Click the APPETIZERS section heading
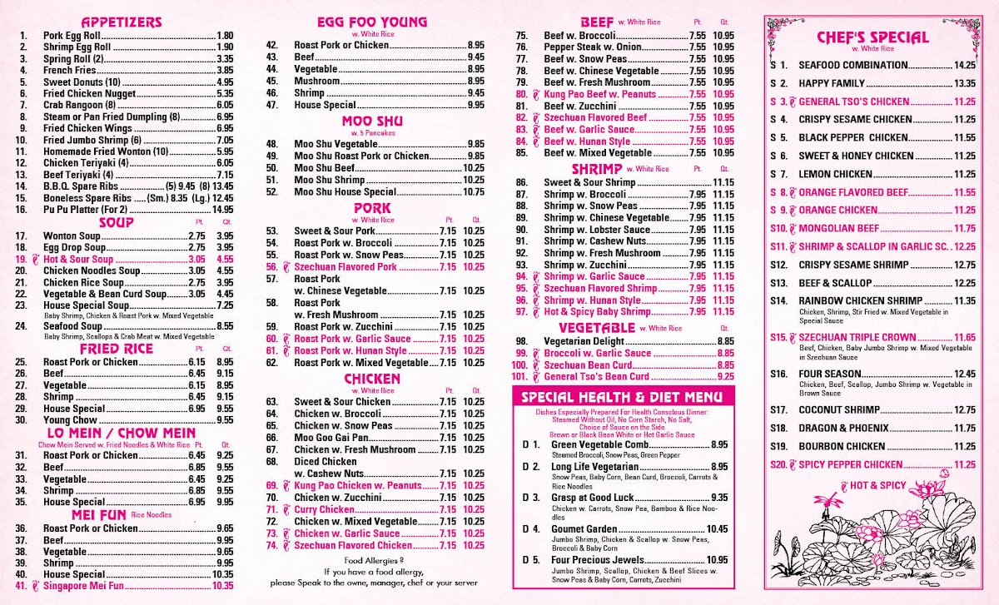click(122, 22)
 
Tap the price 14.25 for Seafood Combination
click(965, 65)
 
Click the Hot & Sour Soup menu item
click(79, 260)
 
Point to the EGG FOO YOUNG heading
click(372, 22)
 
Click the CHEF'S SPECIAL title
click(872, 37)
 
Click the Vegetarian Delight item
click(583, 341)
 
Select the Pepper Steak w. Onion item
click(592, 47)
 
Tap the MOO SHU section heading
click(372, 121)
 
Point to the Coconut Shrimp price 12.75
click(965, 409)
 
